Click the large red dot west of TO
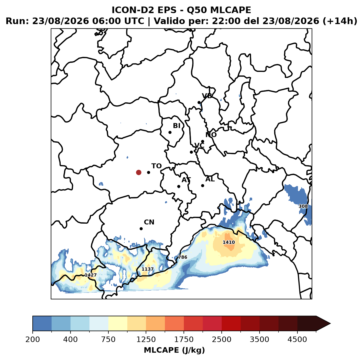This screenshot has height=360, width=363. [139, 172]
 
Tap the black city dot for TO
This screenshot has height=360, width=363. [148, 172]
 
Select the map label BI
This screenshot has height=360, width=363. [176, 126]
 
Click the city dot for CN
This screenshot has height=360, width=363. [141, 229]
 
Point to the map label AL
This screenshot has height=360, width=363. [210, 179]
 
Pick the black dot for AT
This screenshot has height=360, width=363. [179, 187]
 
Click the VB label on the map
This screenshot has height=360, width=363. [207, 96]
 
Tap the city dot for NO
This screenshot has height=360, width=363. [202, 142]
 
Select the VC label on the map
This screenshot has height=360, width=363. [199, 145]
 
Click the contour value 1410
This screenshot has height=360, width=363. [229, 242]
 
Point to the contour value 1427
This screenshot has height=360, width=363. [91, 275]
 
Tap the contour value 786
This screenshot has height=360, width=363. [182, 257]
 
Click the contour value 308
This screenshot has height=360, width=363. [303, 206]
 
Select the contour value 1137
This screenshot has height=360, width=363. [148, 269]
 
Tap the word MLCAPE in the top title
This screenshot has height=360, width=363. [230, 10]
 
